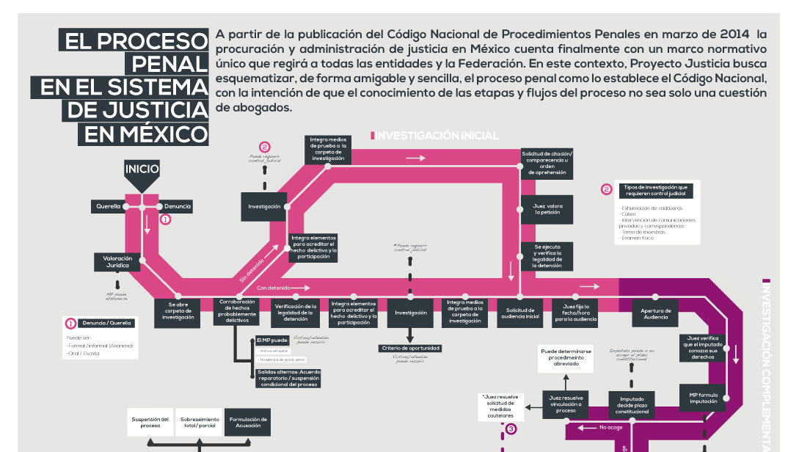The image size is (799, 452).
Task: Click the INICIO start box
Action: point(142,169)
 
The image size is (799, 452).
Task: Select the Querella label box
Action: point(108,207)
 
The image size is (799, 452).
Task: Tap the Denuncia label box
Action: point(177,207)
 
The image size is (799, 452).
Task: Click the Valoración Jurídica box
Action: point(117,262)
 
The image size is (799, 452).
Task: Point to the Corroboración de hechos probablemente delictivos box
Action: point(236,311)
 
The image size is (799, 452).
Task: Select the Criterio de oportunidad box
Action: point(409,348)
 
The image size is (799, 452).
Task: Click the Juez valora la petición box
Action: point(547,209)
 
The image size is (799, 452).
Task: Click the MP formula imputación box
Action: point(702,398)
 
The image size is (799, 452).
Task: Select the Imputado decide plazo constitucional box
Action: point(631,405)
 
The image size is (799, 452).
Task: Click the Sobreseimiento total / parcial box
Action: point(199,423)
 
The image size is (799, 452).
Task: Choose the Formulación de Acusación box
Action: point(247,423)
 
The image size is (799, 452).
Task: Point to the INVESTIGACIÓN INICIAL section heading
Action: point(437,136)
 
